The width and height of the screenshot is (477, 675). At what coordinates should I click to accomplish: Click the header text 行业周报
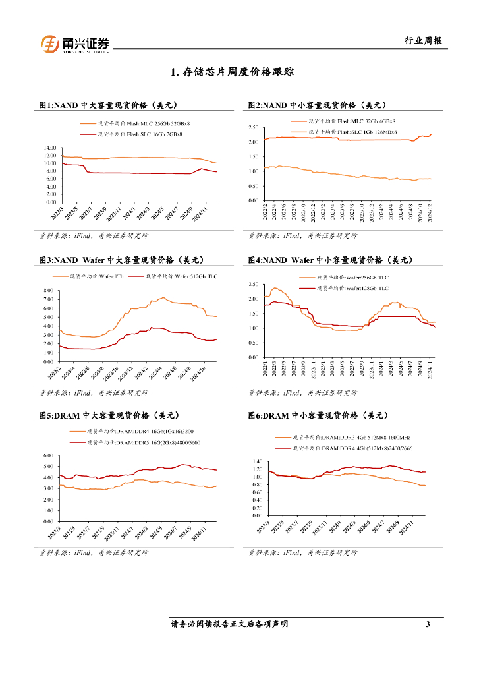[422, 41]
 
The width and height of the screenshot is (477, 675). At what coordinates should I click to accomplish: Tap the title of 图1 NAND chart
[107, 105]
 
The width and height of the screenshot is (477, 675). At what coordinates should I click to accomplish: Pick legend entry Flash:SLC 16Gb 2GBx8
[140, 134]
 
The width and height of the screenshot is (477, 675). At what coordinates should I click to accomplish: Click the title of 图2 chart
[317, 105]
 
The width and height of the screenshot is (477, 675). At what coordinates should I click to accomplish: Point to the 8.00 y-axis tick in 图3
[47, 291]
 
